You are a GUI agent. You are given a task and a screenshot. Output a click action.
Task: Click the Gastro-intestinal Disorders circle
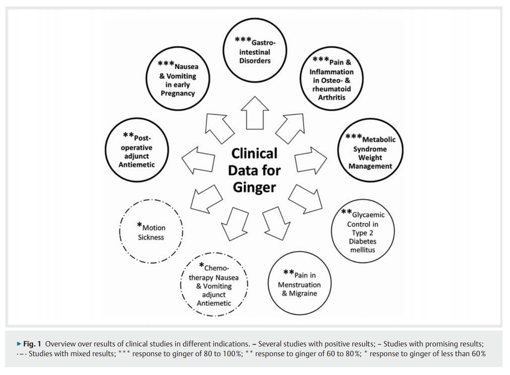click(255, 50)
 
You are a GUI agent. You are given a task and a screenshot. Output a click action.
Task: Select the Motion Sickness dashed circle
click(151, 231)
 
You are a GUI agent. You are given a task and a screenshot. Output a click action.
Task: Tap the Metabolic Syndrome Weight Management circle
click(370, 150)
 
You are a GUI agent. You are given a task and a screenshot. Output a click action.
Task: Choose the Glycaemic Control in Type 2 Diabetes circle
click(363, 231)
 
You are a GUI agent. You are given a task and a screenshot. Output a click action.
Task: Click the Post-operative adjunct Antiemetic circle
click(137, 150)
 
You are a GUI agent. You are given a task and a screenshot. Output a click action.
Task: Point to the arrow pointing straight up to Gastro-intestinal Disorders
click(255, 113)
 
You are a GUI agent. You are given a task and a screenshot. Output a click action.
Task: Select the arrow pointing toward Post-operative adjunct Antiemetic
click(199, 160)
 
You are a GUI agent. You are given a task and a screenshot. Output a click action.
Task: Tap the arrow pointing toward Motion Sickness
click(206, 199)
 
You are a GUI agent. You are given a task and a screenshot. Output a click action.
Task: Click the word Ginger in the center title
click(254, 187)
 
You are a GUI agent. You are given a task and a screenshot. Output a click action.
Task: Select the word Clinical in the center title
click(254, 153)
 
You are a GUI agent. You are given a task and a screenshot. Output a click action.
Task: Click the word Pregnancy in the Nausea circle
click(178, 93)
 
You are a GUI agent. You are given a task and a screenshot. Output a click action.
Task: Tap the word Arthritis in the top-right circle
click(331, 97)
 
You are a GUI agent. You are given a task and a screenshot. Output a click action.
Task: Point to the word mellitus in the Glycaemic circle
click(363, 250)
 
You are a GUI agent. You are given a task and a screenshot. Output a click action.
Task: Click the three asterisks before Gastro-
click(243, 39)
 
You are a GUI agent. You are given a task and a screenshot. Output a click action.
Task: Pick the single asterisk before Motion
click(140, 225)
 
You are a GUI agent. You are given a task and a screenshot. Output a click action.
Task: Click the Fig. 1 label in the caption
click(32, 344)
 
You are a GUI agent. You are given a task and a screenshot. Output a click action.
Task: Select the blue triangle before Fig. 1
click(19, 344)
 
